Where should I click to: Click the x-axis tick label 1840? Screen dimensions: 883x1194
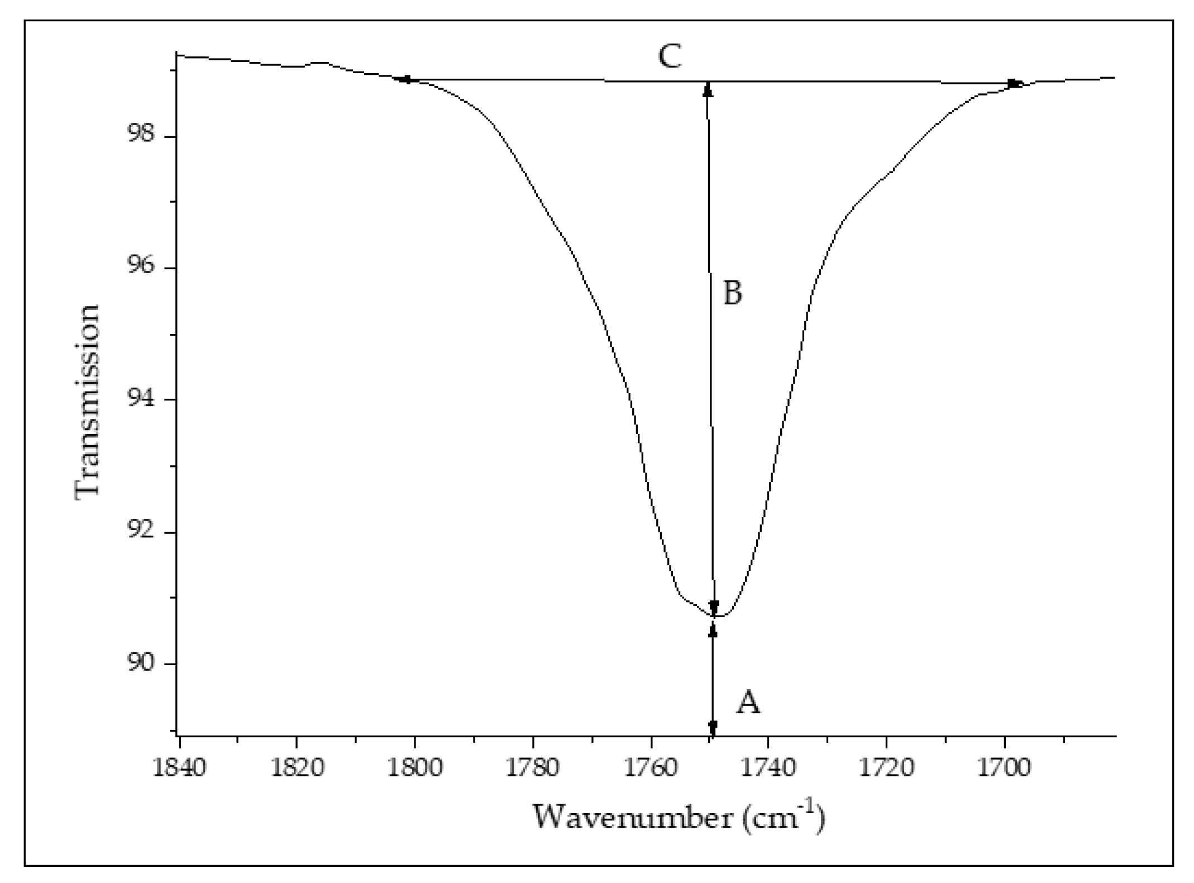[179, 769]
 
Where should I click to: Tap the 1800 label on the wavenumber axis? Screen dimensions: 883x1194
[415, 769]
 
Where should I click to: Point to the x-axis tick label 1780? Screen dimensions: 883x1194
[533, 769]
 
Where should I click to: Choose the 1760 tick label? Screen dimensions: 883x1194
[651, 769]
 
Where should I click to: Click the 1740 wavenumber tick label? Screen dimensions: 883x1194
[768, 769]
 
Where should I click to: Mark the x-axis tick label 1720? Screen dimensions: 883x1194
[886, 769]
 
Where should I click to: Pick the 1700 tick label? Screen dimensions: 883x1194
[1005, 769]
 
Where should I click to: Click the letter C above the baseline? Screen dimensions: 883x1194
[670, 56]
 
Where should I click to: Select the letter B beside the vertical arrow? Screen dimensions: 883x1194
[733, 293]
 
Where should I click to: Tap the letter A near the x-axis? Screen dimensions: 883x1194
[748, 703]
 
